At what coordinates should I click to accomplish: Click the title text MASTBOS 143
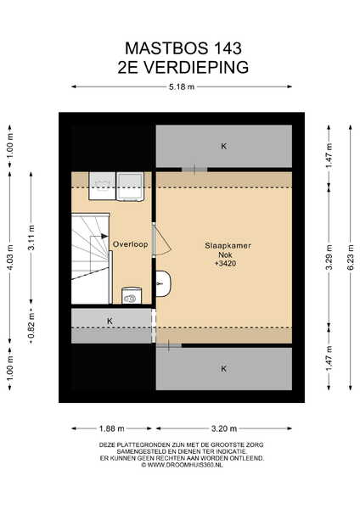click(x=183, y=48)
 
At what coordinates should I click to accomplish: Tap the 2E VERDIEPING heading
click(x=183, y=67)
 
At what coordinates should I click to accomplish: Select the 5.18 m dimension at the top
click(x=182, y=87)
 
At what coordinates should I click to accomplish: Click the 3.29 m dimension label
click(x=329, y=257)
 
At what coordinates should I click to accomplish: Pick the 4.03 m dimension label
click(x=9, y=257)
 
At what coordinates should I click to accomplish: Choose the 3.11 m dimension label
click(x=31, y=238)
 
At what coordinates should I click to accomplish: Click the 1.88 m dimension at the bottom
click(x=112, y=428)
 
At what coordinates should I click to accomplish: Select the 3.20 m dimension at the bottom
click(x=224, y=428)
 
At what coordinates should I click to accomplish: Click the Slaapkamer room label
click(x=228, y=246)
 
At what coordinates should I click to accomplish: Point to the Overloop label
click(x=130, y=244)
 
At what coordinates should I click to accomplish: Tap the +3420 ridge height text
click(x=226, y=264)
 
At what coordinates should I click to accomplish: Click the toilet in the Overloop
click(x=132, y=295)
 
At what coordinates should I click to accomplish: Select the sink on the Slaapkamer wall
click(x=163, y=283)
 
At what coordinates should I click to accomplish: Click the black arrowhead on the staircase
click(x=104, y=236)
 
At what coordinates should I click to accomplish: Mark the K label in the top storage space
click(x=223, y=146)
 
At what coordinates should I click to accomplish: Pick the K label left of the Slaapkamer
click(x=110, y=321)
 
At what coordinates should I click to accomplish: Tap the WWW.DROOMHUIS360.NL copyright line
click(x=182, y=465)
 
